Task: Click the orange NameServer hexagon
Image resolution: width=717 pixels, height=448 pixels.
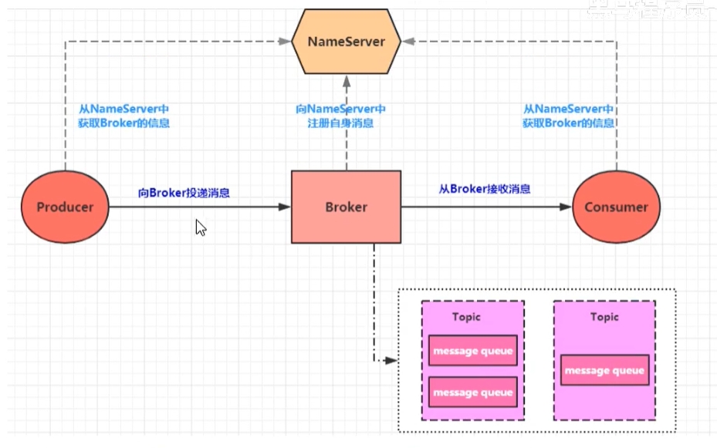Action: [346, 42]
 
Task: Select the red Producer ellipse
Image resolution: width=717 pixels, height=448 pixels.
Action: [66, 207]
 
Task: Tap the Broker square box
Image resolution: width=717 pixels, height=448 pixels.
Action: [346, 207]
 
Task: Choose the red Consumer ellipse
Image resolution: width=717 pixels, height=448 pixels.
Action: [616, 207]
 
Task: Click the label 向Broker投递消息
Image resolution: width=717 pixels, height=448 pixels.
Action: [184, 192]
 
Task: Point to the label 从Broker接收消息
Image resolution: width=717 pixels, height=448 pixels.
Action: [485, 189]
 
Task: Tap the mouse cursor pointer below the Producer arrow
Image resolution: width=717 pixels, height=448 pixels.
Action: [200, 227]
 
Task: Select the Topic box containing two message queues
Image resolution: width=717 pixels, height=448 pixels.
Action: [472, 360]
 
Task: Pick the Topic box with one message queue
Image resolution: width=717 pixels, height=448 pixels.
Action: [604, 360]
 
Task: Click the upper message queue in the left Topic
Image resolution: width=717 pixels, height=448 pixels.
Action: [472, 352]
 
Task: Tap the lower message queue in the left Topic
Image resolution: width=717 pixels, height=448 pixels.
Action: [472, 393]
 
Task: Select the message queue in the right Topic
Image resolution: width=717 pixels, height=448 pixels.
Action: [604, 371]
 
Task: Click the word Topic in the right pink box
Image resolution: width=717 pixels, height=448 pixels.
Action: [605, 317]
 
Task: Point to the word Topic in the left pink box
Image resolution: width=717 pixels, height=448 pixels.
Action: [466, 317]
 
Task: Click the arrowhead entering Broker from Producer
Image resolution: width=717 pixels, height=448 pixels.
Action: [285, 207]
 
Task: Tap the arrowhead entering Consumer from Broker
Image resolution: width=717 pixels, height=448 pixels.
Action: [566, 207]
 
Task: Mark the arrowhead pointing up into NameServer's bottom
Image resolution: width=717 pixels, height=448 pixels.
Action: [346, 79]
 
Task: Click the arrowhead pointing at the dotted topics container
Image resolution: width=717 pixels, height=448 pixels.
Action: [392, 360]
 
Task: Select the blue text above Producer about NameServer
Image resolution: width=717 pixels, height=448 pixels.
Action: [124, 116]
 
